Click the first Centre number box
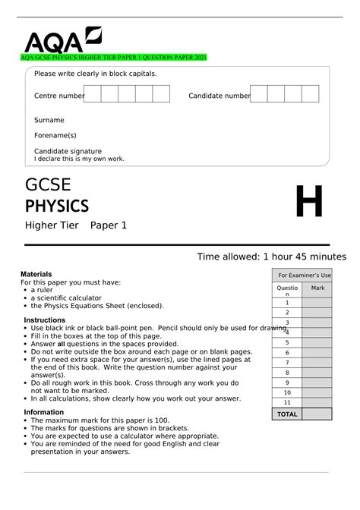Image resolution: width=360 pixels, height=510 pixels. (x=93, y=94)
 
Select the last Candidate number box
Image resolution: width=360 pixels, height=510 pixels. (x=310, y=94)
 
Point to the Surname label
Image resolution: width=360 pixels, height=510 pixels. (x=49, y=120)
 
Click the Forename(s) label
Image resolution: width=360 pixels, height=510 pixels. (x=55, y=135)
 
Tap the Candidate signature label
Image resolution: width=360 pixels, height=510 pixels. (x=68, y=151)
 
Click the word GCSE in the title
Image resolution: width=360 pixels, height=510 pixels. (x=49, y=185)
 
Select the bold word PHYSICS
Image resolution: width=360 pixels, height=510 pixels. (x=57, y=206)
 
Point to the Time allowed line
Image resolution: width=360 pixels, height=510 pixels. (x=271, y=257)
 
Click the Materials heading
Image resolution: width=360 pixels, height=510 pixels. (x=39, y=274)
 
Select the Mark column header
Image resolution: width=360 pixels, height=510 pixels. (x=317, y=288)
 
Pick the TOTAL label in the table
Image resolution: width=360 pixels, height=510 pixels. (x=287, y=414)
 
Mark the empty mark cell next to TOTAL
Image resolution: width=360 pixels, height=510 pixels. (x=317, y=414)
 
